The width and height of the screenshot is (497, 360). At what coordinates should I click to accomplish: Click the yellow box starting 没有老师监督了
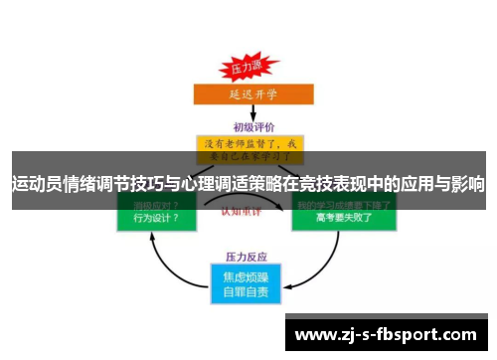[249, 149]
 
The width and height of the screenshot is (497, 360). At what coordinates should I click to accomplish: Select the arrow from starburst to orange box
[246, 82]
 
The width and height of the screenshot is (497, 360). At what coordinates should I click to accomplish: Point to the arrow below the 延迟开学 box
[248, 113]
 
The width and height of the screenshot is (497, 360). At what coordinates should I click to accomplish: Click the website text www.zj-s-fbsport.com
[387, 333]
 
